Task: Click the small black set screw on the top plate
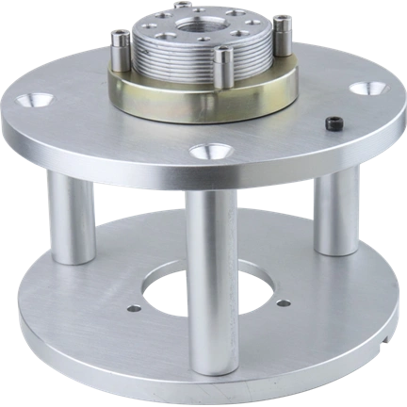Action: pyautogui.click(x=332, y=123)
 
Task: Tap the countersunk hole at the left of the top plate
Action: pyautogui.click(x=41, y=100)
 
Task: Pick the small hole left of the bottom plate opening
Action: pyautogui.click(x=134, y=308)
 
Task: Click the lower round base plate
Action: pyautogui.click(x=113, y=349)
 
